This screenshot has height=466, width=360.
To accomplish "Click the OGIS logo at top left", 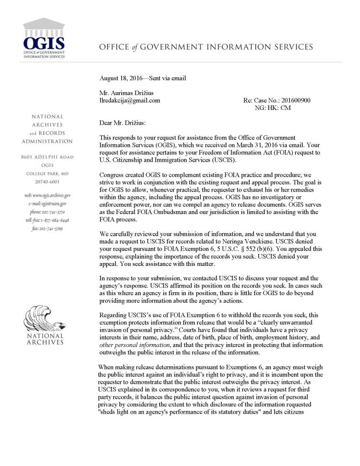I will click(44, 38).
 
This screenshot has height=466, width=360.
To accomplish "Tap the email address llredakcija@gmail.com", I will click(130, 101).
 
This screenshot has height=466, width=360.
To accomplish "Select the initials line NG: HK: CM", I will click(275, 108).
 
